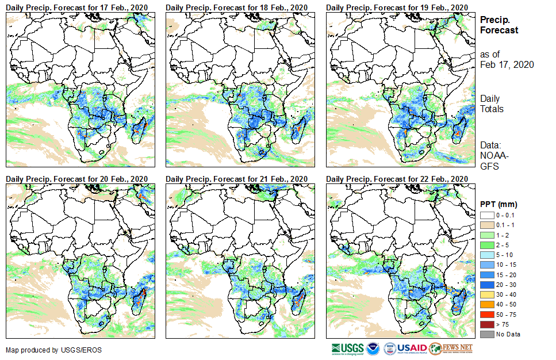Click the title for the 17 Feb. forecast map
click(x=77, y=6)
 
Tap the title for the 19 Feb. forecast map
click(x=397, y=6)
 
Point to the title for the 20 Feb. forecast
click(x=77, y=179)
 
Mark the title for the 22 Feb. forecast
click(x=397, y=179)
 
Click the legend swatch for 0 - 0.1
click(x=486, y=215)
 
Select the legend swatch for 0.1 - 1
click(x=486, y=224)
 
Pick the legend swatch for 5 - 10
click(x=486, y=254)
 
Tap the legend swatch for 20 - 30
click(x=486, y=284)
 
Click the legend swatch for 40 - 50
click(x=486, y=304)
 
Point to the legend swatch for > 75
click(x=486, y=324)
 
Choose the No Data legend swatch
click(x=486, y=334)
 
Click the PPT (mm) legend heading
click(x=499, y=204)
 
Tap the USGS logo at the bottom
click(x=347, y=348)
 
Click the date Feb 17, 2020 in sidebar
click(x=507, y=64)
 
